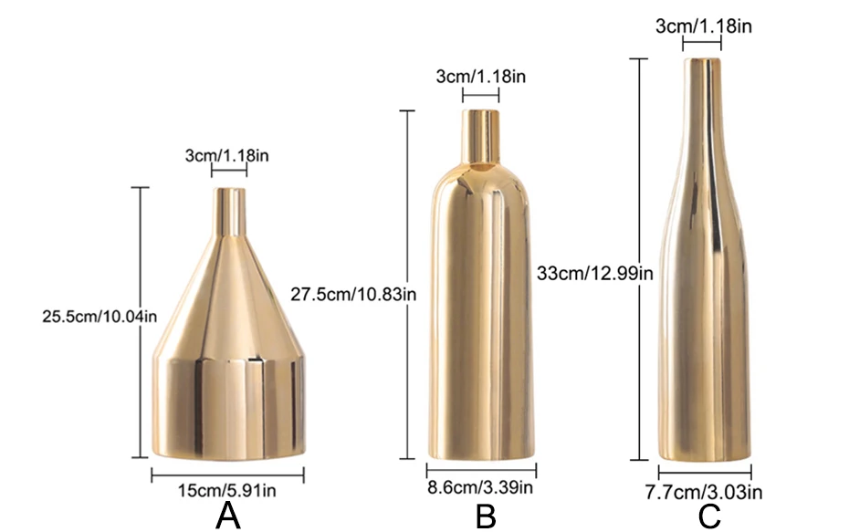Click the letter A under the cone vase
[228, 516]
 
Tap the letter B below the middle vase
[486, 516]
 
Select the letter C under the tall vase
[709, 516]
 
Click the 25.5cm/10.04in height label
[100, 316]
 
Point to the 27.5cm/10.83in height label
[353, 295]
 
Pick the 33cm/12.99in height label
[595, 274]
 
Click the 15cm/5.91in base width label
[227, 491]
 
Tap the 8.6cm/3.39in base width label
[480, 487]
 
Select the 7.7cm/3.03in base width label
[703, 493]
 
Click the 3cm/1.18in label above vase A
[227, 156]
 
